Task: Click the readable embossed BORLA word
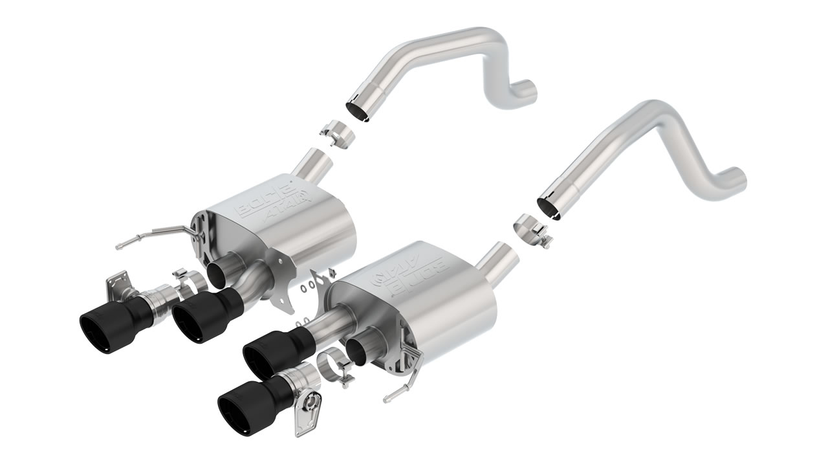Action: coord(259,201)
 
